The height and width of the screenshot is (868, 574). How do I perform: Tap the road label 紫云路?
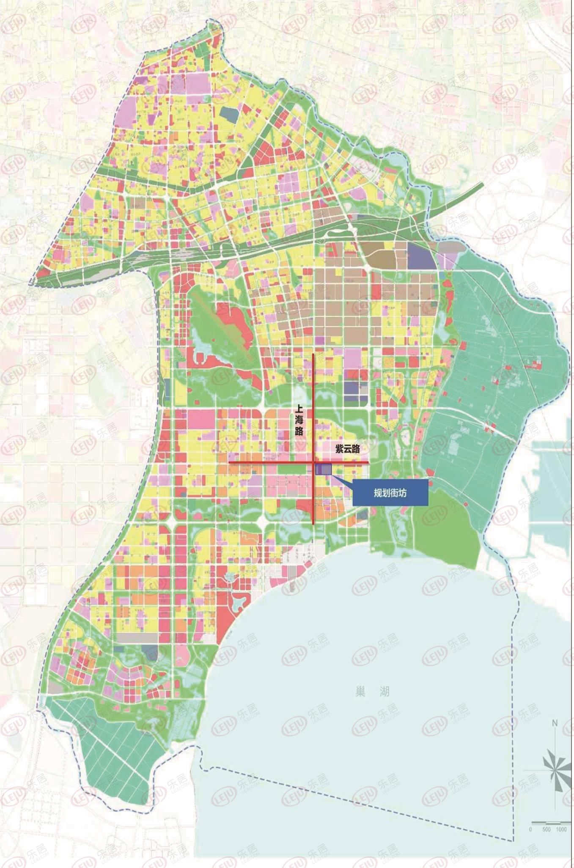click(348, 449)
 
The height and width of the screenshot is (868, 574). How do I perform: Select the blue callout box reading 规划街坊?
click(390, 493)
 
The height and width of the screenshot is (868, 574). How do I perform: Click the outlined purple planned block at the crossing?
click(324, 469)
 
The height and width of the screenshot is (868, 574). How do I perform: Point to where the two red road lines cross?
click(313, 463)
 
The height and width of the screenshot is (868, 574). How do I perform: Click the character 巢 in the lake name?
click(360, 692)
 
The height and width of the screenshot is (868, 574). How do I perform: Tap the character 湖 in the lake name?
click(384, 692)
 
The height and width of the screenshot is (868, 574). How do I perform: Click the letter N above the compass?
click(555, 723)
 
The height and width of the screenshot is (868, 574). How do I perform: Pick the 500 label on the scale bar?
click(546, 830)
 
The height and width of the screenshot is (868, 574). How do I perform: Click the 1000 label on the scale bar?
click(561, 830)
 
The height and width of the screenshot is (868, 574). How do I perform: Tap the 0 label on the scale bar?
click(530, 830)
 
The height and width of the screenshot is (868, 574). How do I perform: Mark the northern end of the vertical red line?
click(313, 354)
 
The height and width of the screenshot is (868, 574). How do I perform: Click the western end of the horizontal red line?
click(229, 463)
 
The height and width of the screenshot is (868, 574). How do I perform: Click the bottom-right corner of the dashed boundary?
click(513, 840)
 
